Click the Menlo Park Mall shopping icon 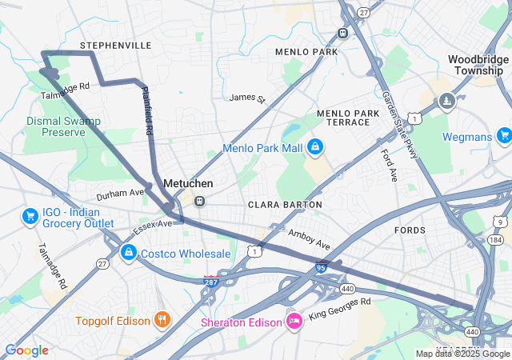click(315, 146)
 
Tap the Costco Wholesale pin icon click(127, 253)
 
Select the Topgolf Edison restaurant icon click(162, 320)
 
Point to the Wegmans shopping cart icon click(503, 136)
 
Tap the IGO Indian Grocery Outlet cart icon click(30, 216)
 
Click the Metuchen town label click(187, 183)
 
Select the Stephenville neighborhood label click(116, 46)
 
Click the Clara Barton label click(285, 205)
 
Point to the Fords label click(410, 230)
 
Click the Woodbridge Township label click(478, 65)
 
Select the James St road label click(246, 98)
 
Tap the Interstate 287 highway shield click(211, 281)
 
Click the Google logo click(26, 350)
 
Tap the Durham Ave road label click(120, 194)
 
